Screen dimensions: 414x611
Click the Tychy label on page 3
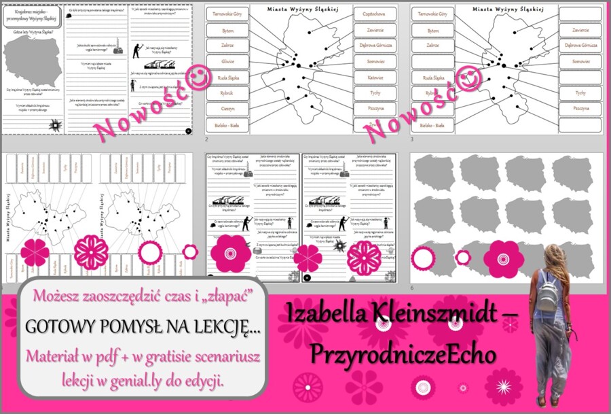(x=580, y=92)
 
